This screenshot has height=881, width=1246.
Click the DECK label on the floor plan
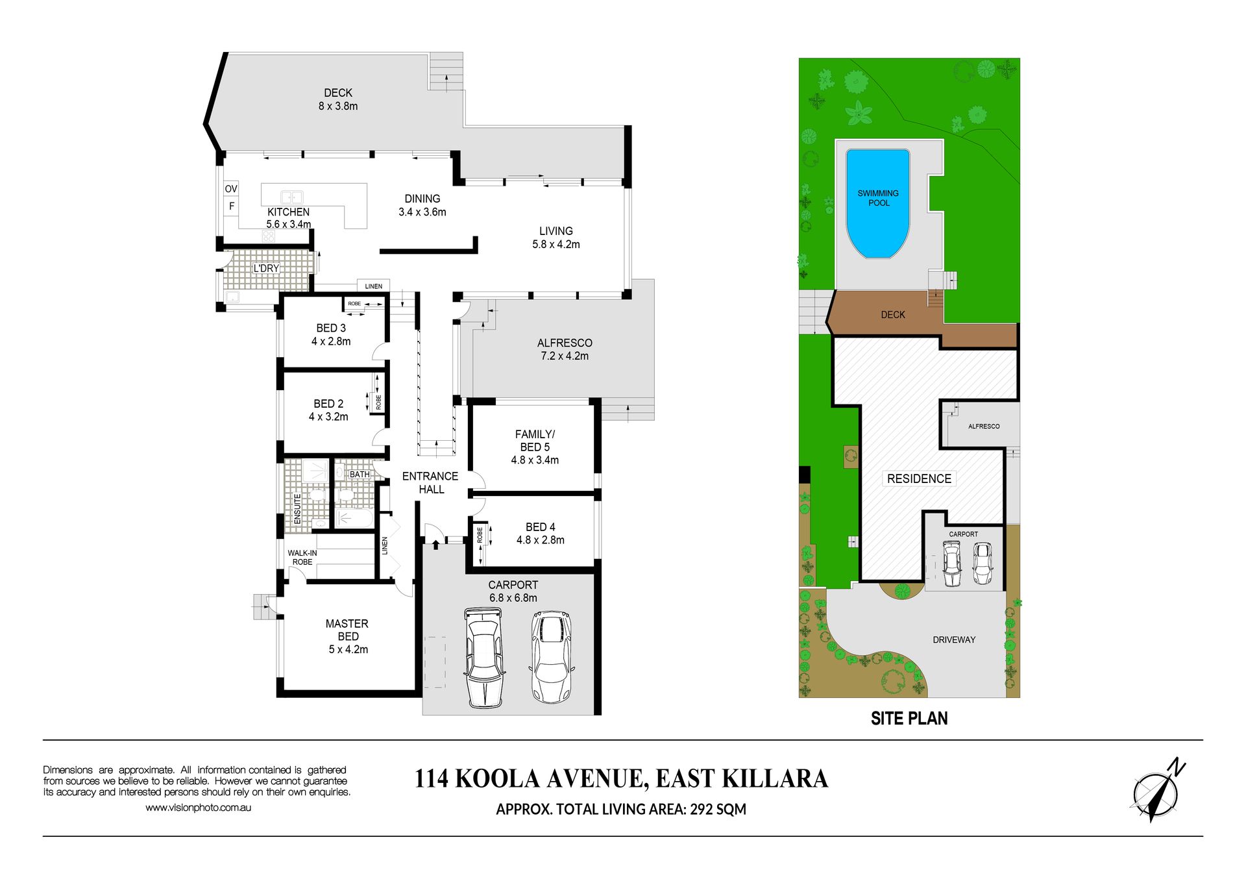point(338,93)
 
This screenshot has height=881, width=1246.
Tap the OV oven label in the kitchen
point(231,189)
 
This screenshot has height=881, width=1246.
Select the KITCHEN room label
point(288,212)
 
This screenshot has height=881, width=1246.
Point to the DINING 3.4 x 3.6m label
point(422,205)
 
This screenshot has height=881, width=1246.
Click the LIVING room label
point(556,231)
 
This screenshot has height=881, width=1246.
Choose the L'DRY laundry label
point(266,268)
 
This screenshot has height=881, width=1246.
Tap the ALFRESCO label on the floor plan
point(565,343)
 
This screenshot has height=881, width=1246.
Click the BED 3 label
point(331,328)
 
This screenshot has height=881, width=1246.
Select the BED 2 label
point(328,404)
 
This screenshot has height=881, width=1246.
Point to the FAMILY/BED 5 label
point(535,441)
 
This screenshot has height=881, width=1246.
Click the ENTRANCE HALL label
point(430,483)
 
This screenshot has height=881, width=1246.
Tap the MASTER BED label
point(347,630)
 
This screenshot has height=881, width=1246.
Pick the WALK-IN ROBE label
point(302,558)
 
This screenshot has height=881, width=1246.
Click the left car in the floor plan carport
point(484,657)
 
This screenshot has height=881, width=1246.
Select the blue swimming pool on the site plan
point(878,203)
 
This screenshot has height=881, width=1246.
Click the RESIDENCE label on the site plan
point(919,478)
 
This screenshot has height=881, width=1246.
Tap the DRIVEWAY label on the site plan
point(954,639)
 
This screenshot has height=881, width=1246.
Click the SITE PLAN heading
point(909,718)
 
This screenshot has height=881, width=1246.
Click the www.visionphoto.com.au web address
point(198,808)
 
